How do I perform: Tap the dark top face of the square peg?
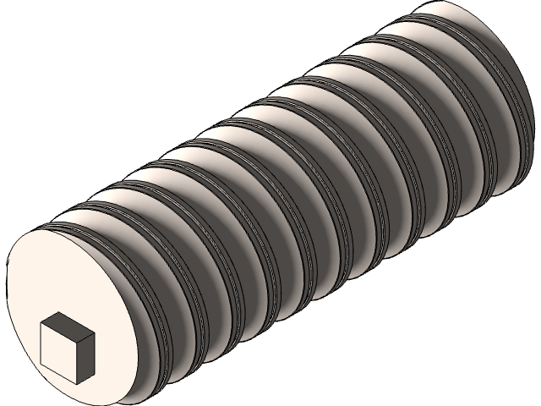coord(67,322)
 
